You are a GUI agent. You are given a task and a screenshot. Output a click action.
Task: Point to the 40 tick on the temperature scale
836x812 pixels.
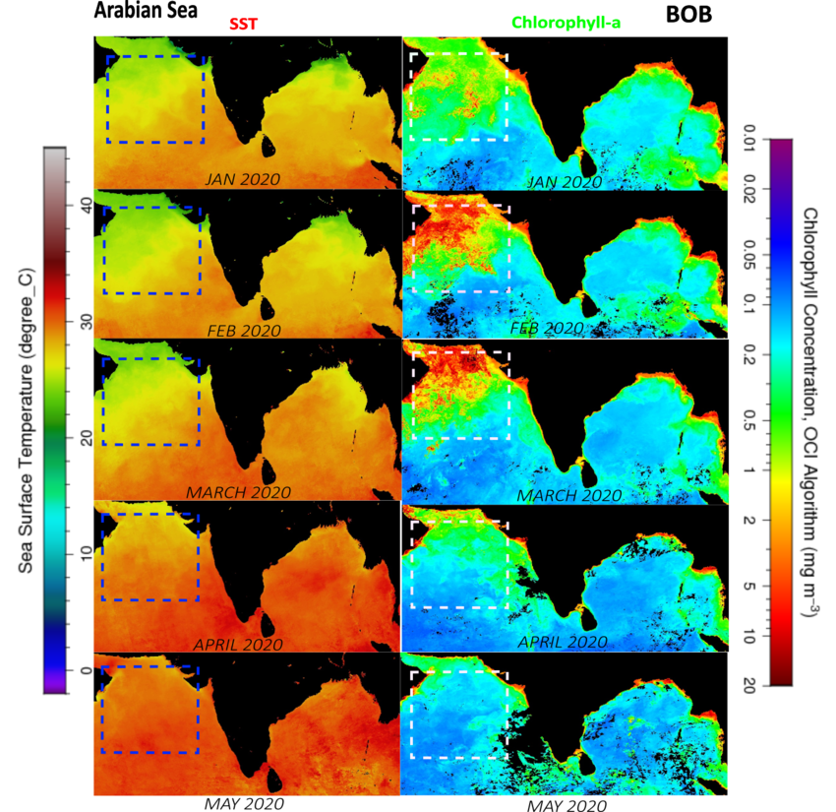pyautogui.click(x=87, y=206)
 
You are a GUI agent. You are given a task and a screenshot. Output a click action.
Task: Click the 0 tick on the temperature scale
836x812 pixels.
pyautogui.click(x=87, y=670)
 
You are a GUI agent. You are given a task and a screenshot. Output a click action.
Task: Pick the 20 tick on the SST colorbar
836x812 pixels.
pyautogui.click(x=87, y=438)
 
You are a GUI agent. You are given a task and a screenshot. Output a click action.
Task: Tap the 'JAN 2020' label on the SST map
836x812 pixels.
pyautogui.click(x=243, y=179)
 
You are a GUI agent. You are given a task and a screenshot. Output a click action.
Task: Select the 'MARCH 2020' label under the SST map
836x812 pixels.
pyautogui.click(x=238, y=490)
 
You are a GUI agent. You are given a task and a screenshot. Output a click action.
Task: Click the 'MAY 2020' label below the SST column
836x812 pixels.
pyautogui.click(x=244, y=802)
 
